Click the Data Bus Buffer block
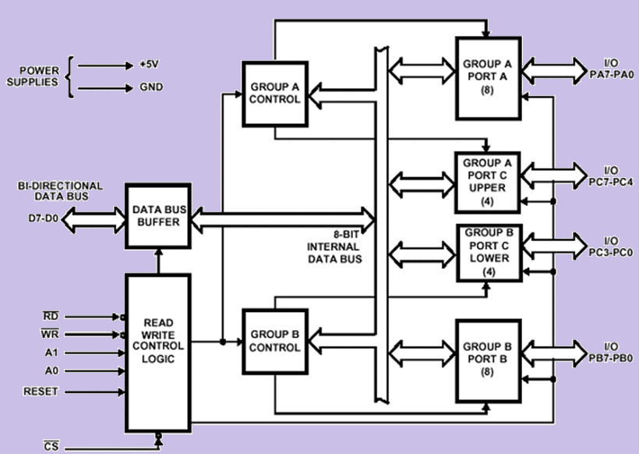click(157, 216)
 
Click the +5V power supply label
click(150, 65)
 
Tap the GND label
click(150, 87)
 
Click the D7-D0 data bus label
click(36, 219)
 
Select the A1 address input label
click(51, 352)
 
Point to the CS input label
click(51, 445)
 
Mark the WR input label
click(51, 334)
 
